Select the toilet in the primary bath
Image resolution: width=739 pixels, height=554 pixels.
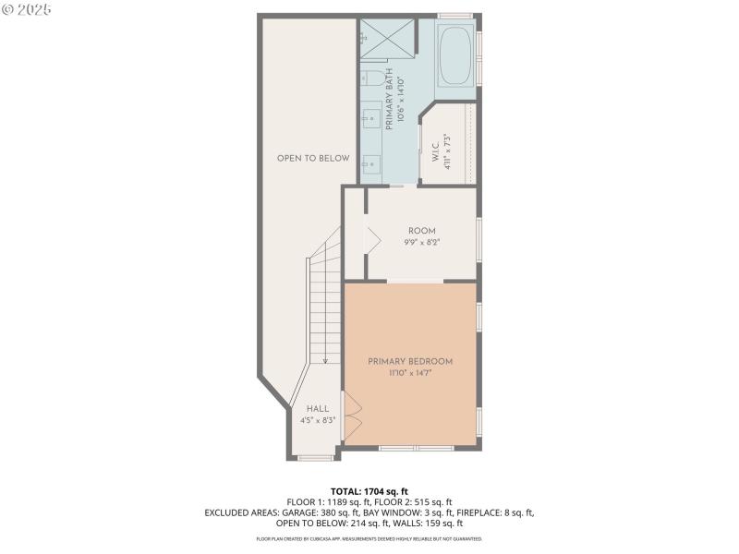click(x=367, y=77)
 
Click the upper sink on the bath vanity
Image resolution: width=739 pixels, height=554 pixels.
click(x=369, y=117)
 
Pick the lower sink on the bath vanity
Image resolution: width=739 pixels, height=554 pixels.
click(x=369, y=163)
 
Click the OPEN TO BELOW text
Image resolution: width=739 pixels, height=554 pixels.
click(x=313, y=158)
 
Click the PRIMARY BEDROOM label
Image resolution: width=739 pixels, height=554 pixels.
click(x=410, y=361)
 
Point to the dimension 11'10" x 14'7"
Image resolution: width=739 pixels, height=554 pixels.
click(x=410, y=373)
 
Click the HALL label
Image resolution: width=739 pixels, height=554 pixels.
click(x=317, y=408)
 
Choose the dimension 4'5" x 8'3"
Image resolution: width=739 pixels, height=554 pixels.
click(x=317, y=420)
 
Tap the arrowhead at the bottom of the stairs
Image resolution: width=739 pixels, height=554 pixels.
click(x=325, y=361)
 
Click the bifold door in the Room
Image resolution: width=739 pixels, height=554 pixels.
click(x=373, y=237)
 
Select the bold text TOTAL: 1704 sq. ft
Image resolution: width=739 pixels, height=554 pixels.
click(x=369, y=490)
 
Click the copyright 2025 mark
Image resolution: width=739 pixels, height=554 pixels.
click(x=27, y=9)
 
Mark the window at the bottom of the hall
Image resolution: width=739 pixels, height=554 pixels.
click(x=318, y=457)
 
